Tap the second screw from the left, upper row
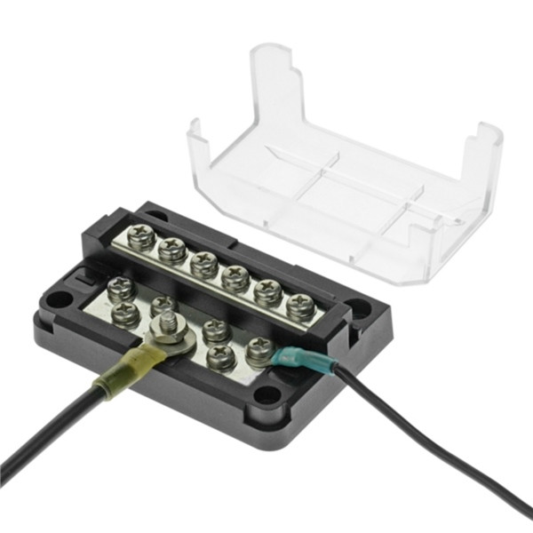click(x=172, y=249)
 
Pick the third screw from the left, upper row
click(x=203, y=264)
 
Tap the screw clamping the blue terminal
click(x=259, y=350)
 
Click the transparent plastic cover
click(x=355, y=178)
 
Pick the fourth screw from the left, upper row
click(x=235, y=278)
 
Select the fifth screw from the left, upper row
click(x=266, y=291)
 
